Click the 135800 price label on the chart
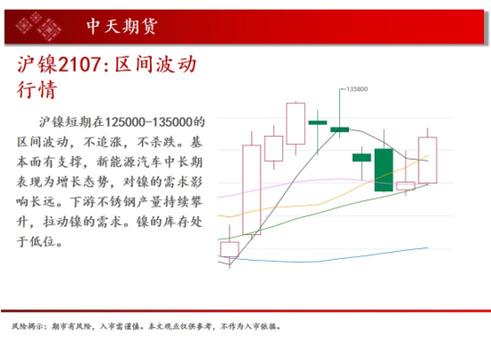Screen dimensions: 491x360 tap(357, 89)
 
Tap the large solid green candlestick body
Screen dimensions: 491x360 tap(384, 170)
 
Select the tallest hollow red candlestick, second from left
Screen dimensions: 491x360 tap(252, 190)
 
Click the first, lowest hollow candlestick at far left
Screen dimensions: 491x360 tap(229, 249)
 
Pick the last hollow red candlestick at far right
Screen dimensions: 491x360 tap(428, 160)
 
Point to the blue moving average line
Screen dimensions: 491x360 tap(322, 259)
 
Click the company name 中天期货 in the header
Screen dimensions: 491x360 tap(121, 26)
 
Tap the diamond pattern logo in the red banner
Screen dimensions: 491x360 tap(38, 26)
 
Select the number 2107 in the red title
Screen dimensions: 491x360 tap(79, 65)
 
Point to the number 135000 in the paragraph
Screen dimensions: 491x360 tap(172, 122)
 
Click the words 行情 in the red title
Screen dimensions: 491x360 tap(37, 90)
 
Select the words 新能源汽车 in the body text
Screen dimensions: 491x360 tap(129, 162)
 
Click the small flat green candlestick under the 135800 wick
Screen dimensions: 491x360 tap(339, 130)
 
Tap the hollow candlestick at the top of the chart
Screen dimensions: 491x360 tap(295, 123)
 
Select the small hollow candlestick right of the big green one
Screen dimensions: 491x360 tap(405, 186)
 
